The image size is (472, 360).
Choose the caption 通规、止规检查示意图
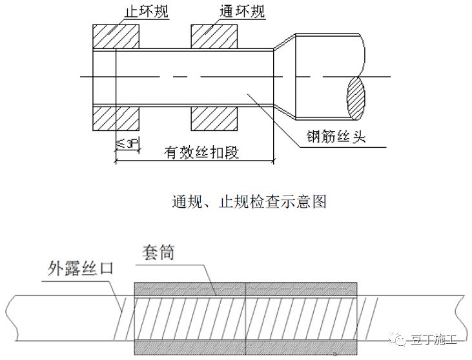[249, 201]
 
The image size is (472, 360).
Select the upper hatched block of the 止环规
[116, 37]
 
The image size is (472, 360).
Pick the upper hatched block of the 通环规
[214, 37]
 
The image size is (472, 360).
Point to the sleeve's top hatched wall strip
[246, 289]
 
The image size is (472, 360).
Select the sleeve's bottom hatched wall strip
[246, 346]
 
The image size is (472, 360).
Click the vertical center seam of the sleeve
[246, 317]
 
